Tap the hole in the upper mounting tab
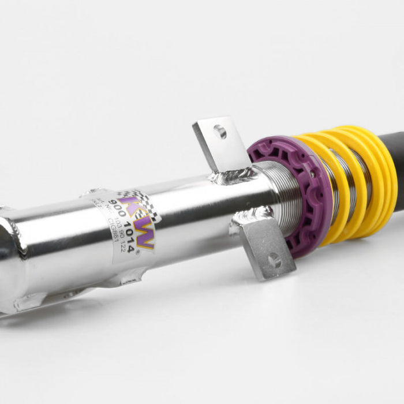pos(219,132)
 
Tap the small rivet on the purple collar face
pos(312,173)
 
